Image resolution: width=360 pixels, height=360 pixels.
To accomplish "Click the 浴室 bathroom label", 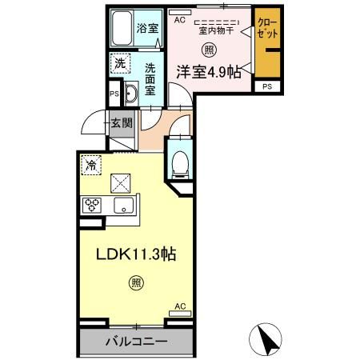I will point(147,28).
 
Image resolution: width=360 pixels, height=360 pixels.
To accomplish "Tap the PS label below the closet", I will point(266,86).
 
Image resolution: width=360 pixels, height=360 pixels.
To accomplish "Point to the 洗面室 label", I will point(150,78).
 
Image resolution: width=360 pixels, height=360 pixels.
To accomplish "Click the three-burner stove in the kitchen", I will point(91,206).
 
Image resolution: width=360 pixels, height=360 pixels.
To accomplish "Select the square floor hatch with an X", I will point(122,183).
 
